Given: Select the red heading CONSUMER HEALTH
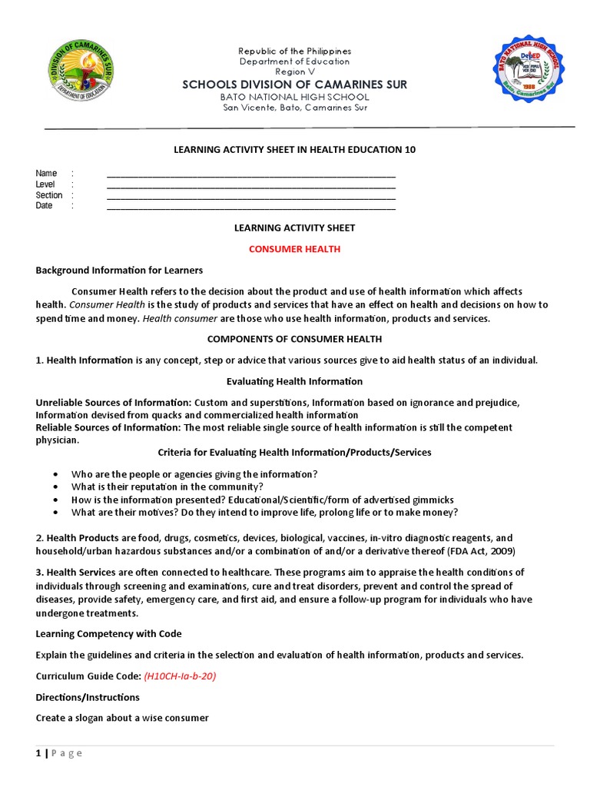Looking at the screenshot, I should point(294,249).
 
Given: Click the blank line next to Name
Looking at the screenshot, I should point(250,174).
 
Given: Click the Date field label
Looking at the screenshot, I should point(44,206).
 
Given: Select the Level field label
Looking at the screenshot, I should point(45,184).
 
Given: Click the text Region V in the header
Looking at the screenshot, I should point(294,71).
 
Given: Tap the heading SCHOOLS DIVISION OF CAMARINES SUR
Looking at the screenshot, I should point(294,85).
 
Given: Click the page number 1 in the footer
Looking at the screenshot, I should point(38,753).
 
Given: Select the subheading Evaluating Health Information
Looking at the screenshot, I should point(294,381).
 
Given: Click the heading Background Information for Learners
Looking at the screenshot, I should point(119,270).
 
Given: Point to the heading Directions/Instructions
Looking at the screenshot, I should point(88,697).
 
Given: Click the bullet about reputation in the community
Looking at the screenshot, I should point(167,487).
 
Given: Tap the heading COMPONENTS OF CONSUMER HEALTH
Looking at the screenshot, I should point(294,339).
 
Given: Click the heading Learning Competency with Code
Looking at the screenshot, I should point(108,634).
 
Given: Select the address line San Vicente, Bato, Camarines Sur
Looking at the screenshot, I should point(294,108).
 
